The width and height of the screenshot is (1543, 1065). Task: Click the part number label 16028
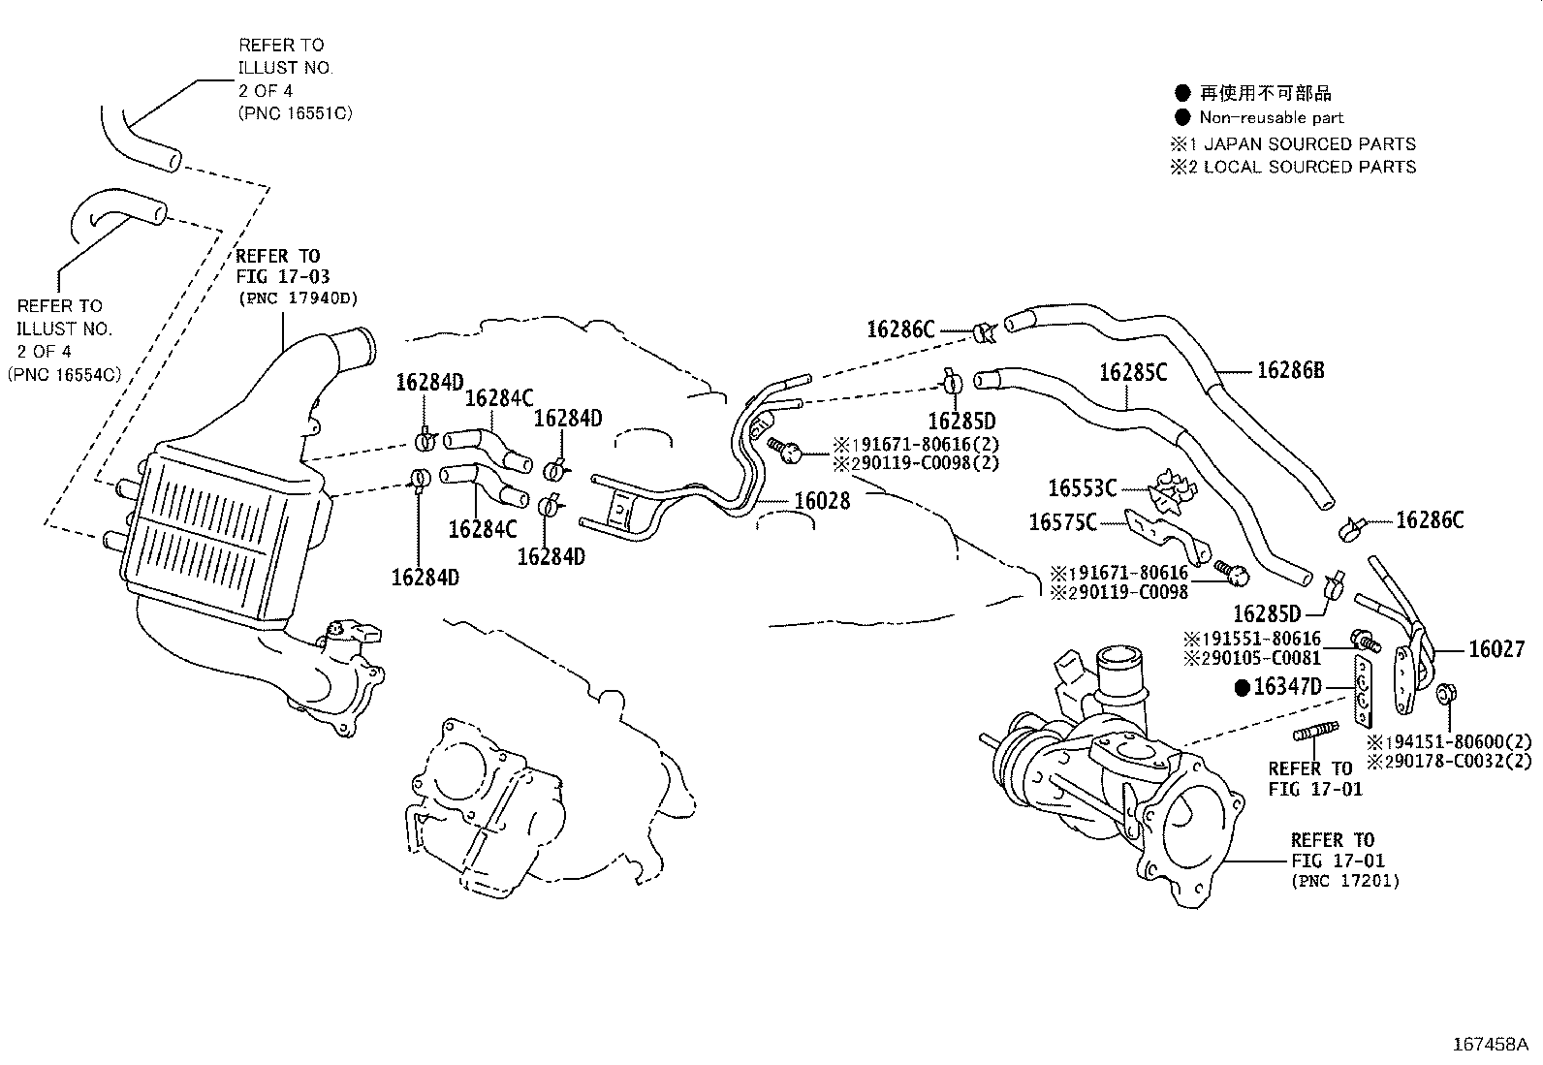click(822, 501)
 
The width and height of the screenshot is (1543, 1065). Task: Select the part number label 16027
click(1496, 649)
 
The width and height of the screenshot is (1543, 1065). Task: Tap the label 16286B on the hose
click(1290, 370)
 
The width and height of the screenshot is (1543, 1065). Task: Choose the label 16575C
click(1062, 523)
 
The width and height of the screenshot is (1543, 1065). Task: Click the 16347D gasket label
click(1287, 687)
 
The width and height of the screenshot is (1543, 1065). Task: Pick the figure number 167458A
click(1489, 1045)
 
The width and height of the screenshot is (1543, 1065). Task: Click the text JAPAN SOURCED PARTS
click(1309, 143)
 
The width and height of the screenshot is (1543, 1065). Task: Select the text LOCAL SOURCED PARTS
click(1309, 167)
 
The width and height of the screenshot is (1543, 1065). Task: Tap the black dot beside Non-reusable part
click(1181, 117)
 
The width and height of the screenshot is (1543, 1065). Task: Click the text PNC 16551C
click(295, 113)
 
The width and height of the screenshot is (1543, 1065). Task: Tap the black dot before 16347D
click(1242, 688)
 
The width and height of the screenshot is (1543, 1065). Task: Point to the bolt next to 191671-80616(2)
click(786, 448)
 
